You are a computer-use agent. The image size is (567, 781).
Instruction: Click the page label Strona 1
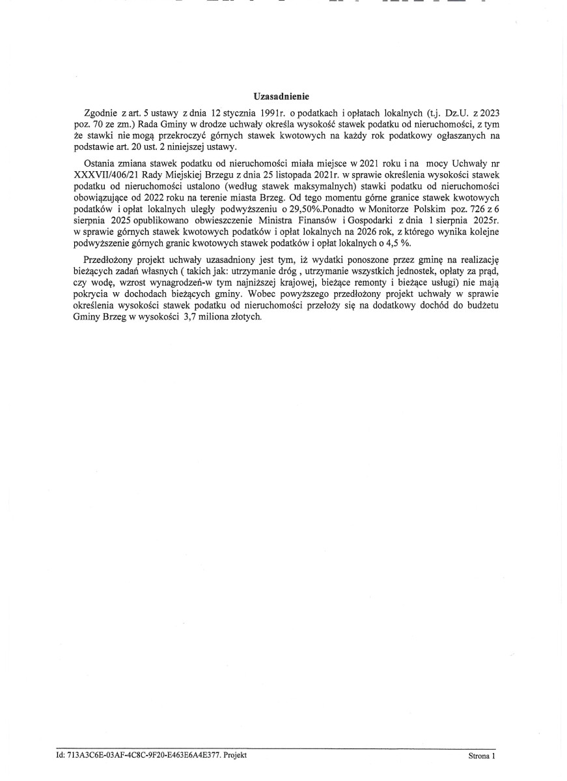tap(482, 756)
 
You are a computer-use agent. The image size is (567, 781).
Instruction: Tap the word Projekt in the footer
tap(236, 755)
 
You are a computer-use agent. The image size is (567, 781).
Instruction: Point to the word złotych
tap(242, 317)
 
